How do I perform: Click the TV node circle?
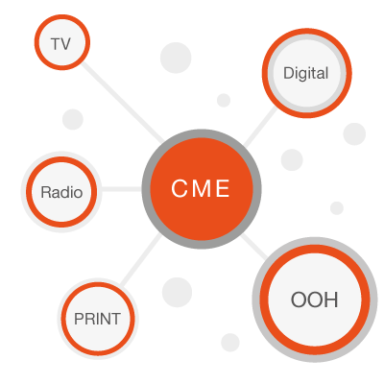pos(62,42)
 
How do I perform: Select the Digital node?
pos(307,73)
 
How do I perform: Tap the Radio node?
pos(61,192)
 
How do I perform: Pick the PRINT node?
pos(98,319)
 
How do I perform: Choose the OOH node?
pos(315,300)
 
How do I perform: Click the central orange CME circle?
pos(202,189)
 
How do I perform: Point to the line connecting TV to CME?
pos(123,104)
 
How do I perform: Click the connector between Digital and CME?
pos(259,127)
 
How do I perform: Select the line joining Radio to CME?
pos(122,189)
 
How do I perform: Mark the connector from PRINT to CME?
pos(140,260)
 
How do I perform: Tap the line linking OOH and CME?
pos(254,247)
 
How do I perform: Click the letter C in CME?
pos(179,188)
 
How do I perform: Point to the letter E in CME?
pos(223,188)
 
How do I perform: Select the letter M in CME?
pos(202,188)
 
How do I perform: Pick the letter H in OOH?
pos(331,300)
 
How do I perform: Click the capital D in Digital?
pos(289,73)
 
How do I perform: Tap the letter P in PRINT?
pos(79,319)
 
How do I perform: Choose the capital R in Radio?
pos(46,192)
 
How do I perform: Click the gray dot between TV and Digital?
pos(176,58)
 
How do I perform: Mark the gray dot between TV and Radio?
pos(73,119)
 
